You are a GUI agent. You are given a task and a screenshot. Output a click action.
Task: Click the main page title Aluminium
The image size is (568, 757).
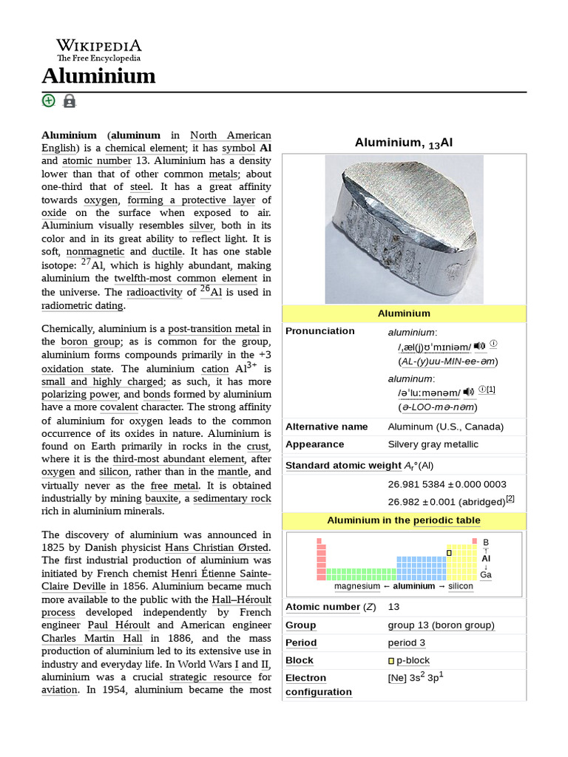[98, 75]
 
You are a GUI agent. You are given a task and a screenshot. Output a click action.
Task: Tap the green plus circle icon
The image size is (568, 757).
[49, 101]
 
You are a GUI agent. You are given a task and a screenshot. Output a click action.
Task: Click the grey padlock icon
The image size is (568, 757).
[70, 101]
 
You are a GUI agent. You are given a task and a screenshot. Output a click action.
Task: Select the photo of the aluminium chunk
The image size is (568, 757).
[404, 229]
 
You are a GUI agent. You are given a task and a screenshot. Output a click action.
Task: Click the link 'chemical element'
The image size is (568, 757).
[145, 148]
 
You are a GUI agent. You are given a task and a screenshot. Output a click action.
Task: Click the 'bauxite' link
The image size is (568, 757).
[162, 498]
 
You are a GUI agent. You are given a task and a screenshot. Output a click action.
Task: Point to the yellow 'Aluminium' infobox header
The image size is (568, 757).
[404, 313]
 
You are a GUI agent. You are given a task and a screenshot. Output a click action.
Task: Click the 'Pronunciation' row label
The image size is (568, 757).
[319, 331]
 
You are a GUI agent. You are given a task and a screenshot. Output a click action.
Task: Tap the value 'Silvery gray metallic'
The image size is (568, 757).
[433, 444]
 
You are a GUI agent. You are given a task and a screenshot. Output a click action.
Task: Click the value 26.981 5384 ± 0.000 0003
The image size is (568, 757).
[447, 484]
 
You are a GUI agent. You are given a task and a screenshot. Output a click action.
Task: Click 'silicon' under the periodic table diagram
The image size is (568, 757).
[460, 586]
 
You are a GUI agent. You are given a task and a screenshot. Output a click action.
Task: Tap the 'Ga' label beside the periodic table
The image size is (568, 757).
[485, 574]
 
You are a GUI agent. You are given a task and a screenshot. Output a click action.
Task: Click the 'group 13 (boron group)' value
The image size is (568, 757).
[441, 625]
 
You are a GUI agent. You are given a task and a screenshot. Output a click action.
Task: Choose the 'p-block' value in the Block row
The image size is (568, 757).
[412, 660]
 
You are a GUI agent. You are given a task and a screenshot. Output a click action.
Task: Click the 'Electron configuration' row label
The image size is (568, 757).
[318, 685]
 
